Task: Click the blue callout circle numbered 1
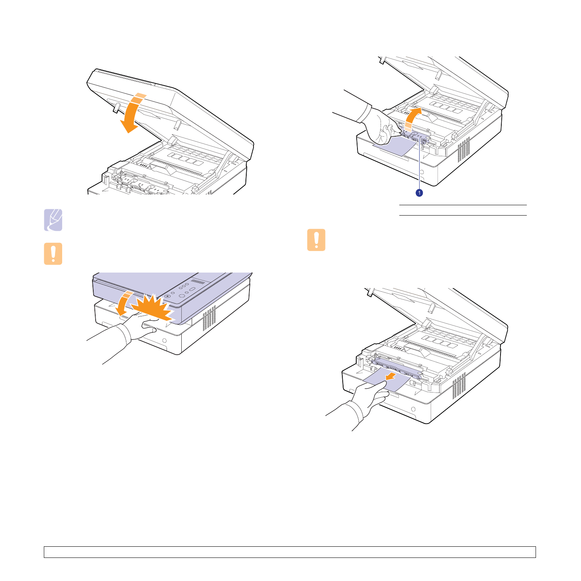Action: point(419,193)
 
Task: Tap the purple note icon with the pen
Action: point(53,220)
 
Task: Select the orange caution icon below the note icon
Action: point(53,253)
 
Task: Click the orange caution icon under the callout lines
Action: point(316,240)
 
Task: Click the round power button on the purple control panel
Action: point(167,296)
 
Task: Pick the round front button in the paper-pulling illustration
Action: point(413,409)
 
